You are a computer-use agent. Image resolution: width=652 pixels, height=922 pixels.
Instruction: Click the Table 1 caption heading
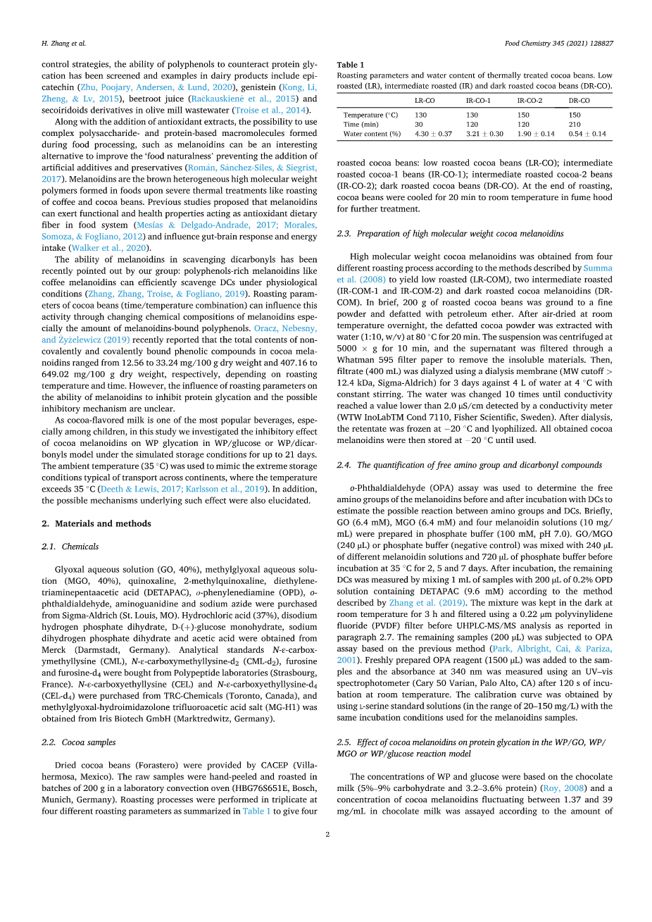coord(351,65)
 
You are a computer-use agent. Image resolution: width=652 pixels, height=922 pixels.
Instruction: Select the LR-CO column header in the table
coord(424,101)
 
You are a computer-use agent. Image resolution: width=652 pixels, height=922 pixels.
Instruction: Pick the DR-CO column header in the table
coord(579,101)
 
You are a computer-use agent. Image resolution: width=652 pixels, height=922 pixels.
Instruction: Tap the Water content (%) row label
coord(372,134)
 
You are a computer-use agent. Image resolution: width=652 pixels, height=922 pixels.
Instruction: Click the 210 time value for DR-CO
coord(575,125)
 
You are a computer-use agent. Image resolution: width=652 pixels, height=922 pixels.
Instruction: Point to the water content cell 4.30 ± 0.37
coord(433,134)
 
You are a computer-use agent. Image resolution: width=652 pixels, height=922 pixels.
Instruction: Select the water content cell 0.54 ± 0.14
coord(587,134)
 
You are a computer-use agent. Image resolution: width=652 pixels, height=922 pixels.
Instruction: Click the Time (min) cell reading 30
coord(419,125)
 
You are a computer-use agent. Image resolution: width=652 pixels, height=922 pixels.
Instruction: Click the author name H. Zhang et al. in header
coord(63,44)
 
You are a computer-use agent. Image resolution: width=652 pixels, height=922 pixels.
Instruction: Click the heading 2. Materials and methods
coord(96,524)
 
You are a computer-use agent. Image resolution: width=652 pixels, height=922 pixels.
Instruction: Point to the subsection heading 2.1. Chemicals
coord(70,547)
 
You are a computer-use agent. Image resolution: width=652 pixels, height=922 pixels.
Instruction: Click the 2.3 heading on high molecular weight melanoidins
coord(450,234)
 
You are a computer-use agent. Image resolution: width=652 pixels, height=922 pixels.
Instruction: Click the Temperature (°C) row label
coord(370,116)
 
